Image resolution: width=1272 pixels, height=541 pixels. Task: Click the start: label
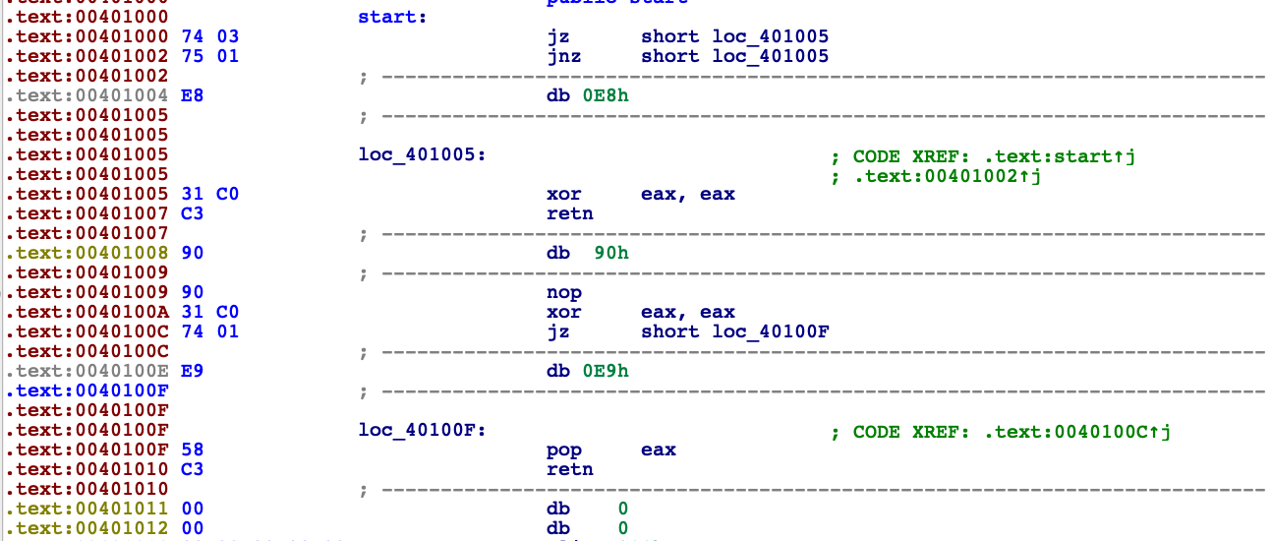(392, 17)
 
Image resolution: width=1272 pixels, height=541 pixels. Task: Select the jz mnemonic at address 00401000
(557, 36)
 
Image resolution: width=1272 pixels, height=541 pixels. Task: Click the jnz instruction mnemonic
(563, 56)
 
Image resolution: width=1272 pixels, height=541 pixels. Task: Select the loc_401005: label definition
(422, 154)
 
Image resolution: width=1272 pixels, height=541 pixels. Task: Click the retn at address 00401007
(569, 213)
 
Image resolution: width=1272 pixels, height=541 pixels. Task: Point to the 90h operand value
(611, 253)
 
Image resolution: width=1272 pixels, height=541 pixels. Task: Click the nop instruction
(563, 292)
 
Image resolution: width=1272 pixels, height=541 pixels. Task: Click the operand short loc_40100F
(734, 331)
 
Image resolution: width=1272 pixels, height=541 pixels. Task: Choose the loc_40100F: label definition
(422, 430)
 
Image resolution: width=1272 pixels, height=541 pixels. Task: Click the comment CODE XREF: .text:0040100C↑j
(1013, 430)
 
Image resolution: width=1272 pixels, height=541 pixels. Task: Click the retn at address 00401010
(569, 469)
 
